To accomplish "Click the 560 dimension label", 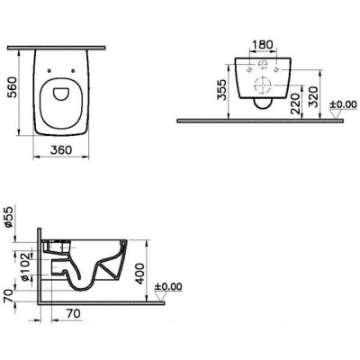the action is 13,87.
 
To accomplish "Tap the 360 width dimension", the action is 61,149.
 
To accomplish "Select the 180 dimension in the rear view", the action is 262,45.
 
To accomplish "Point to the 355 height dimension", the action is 221,89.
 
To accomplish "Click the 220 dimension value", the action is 295,103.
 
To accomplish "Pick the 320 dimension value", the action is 313,96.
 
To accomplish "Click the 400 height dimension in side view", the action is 139,274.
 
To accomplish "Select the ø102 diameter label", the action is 25,266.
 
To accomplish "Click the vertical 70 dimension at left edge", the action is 8,295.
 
